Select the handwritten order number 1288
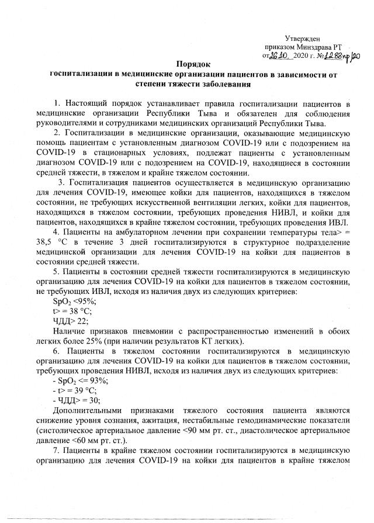(329, 54)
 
